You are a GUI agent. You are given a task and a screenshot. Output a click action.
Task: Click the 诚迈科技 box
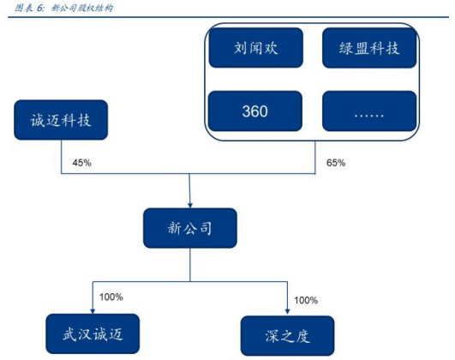(61, 120)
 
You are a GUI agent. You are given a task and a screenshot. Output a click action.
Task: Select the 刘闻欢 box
(256, 48)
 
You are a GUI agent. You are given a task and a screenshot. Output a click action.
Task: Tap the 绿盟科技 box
(369, 48)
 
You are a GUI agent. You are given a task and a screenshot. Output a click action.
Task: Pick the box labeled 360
(255, 111)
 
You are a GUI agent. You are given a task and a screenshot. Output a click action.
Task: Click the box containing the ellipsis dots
(369, 111)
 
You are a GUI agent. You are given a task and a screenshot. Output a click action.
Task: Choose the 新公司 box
(190, 228)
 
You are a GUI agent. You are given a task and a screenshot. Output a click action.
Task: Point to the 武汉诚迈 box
(93, 334)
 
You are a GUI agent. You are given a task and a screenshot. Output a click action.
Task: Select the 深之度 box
(288, 336)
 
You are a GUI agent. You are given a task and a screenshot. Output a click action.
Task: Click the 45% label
(81, 163)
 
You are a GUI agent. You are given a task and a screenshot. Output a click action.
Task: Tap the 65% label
(336, 163)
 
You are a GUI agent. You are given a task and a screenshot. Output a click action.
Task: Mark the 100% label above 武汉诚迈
(111, 297)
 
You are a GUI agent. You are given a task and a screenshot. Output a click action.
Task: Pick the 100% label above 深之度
(306, 300)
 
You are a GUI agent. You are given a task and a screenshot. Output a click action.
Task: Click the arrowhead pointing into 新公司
(190, 206)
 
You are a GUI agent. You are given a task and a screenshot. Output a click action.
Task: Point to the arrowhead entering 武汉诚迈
(93, 311)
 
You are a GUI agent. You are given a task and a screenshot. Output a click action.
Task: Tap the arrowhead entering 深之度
(288, 311)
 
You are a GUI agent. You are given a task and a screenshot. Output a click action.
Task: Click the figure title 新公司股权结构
(82, 8)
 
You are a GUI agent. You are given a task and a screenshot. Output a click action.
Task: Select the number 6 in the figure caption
(39, 8)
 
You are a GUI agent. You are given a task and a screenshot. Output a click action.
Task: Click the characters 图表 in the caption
(24, 8)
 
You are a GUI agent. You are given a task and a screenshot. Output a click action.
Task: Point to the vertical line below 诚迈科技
(61, 157)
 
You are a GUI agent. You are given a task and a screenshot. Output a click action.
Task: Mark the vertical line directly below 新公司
(190, 265)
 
